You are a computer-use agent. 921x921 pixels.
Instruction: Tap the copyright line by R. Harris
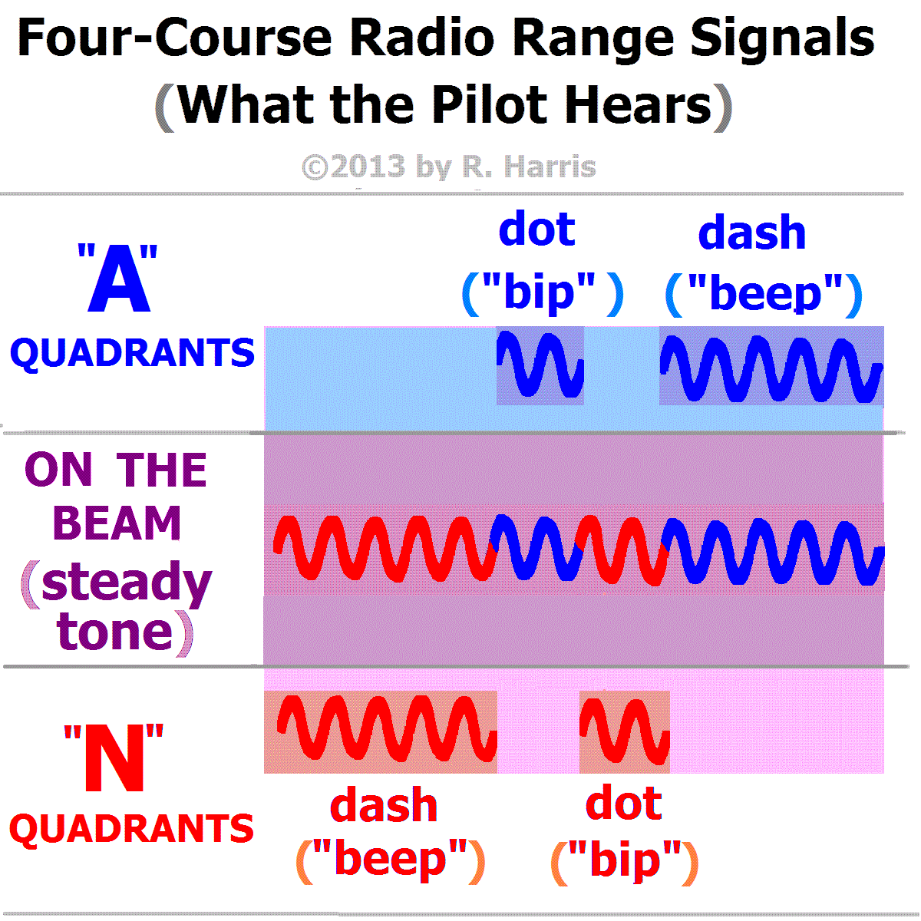coord(449,167)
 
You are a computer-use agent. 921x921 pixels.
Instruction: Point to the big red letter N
coord(114,758)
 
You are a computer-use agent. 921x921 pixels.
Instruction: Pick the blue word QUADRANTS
coord(132,353)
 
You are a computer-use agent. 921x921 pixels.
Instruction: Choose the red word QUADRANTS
coord(131,829)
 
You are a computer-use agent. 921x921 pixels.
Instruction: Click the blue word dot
coord(536,229)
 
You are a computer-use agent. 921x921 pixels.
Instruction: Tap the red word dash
coord(383,805)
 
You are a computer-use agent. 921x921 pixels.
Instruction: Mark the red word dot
coord(624,801)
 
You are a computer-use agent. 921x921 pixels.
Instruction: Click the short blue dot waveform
coord(540,365)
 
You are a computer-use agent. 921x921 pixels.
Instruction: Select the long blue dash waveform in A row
coord(771,368)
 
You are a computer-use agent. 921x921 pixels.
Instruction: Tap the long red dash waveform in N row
coord(387,728)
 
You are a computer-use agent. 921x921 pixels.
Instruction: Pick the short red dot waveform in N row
coord(624,731)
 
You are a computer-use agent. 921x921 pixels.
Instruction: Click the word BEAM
coord(117,523)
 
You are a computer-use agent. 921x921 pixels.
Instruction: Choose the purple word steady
coord(127,586)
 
